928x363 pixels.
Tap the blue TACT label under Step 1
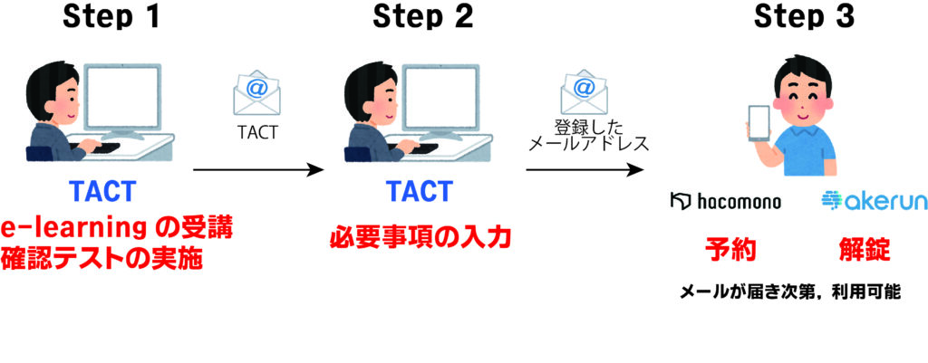[102, 191]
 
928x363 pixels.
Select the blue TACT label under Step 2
[420, 191]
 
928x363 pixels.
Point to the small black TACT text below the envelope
[257, 132]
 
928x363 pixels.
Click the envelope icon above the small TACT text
[256, 93]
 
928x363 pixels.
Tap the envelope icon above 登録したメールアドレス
[585, 93]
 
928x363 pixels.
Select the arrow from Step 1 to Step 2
[258, 171]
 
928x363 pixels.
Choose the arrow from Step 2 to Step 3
[585, 171]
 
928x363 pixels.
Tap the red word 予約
[730, 251]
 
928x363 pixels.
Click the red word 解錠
[864, 251]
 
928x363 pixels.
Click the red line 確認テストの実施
[101, 258]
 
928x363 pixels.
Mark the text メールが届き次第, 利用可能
[790, 291]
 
